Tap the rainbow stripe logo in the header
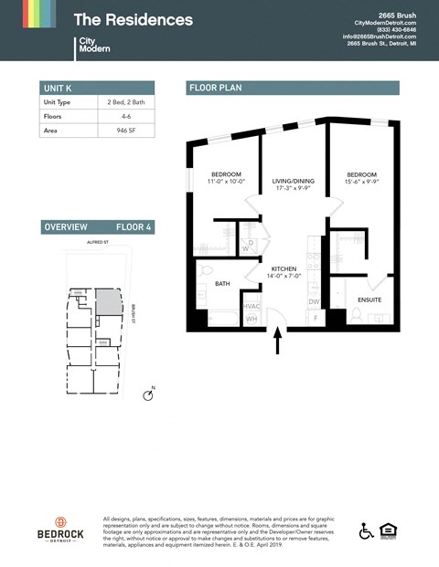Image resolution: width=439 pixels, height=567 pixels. point(39,14)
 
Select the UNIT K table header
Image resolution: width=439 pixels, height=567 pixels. point(58,88)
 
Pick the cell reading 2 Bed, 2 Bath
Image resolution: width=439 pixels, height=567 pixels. point(125,102)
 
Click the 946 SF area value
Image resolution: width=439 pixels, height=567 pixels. point(125,131)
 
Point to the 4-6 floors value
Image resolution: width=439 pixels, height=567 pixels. point(125,117)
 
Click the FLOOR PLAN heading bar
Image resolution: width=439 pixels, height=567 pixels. point(293,88)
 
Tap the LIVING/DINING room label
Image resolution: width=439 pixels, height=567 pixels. point(293,182)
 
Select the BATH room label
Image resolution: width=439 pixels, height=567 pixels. point(222,284)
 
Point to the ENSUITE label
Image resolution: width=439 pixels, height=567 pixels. point(369,299)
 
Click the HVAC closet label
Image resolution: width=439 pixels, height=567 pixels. point(252,306)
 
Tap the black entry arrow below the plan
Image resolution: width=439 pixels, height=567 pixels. point(278,342)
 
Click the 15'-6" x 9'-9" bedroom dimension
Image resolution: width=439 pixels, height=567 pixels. point(362,183)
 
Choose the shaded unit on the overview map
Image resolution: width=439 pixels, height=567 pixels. point(109,302)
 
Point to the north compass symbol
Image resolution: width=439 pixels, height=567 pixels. point(149,394)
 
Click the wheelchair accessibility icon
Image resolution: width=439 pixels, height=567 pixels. point(366,530)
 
